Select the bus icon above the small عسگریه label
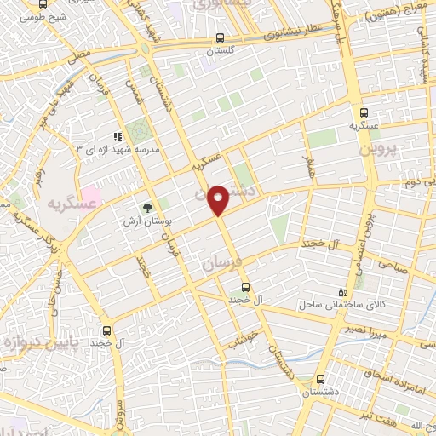[x=364, y=112]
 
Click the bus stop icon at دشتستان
[x=320, y=378]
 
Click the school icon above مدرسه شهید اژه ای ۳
[x=118, y=135]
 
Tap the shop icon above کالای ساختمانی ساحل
[x=342, y=291]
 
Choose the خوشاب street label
[x=250, y=336]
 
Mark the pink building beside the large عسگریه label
[x=91, y=196]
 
